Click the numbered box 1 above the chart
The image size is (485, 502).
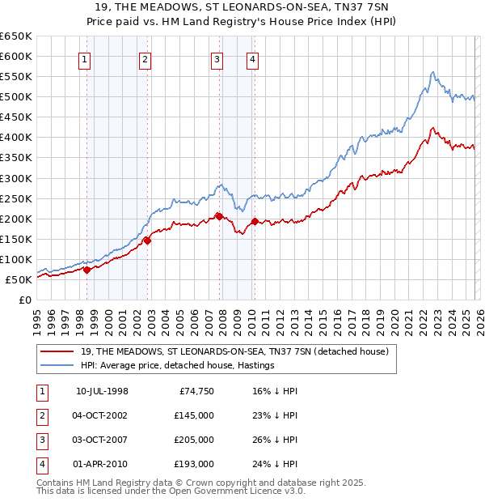click(85, 58)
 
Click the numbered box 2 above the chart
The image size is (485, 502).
click(144, 58)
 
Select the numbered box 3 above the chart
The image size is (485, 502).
click(217, 58)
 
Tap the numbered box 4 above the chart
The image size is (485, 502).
click(253, 58)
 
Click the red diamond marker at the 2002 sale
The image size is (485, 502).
click(148, 240)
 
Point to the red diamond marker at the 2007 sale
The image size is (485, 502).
click(219, 216)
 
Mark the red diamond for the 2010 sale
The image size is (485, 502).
click(255, 221)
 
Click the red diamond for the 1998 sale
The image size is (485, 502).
click(87, 270)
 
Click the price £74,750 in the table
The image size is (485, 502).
click(196, 390)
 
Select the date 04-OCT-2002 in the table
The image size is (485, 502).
click(102, 415)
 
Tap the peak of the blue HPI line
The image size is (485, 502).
click(432, 72)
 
